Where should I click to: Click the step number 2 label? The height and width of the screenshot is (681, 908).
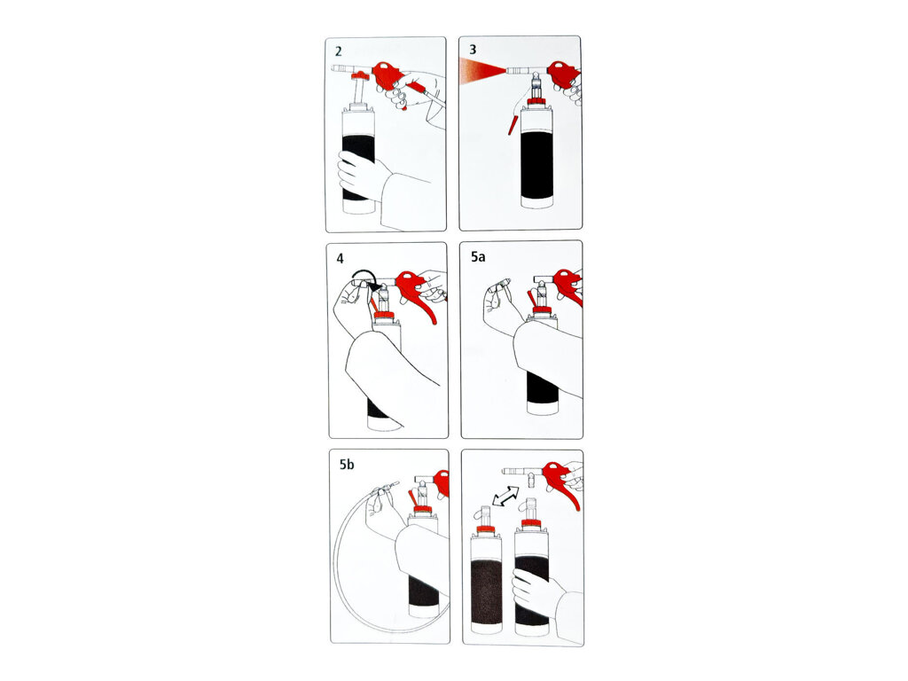coord(338,51)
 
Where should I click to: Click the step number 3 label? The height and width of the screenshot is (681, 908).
coord(473,50)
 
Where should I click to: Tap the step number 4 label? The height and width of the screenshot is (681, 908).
coord(340,258)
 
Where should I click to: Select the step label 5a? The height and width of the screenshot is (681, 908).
coord(478,256)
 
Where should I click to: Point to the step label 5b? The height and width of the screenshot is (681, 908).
coord(347,465)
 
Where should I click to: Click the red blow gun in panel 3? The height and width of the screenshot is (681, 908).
coord(563,72)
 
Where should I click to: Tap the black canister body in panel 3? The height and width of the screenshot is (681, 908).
coord(537,163)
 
